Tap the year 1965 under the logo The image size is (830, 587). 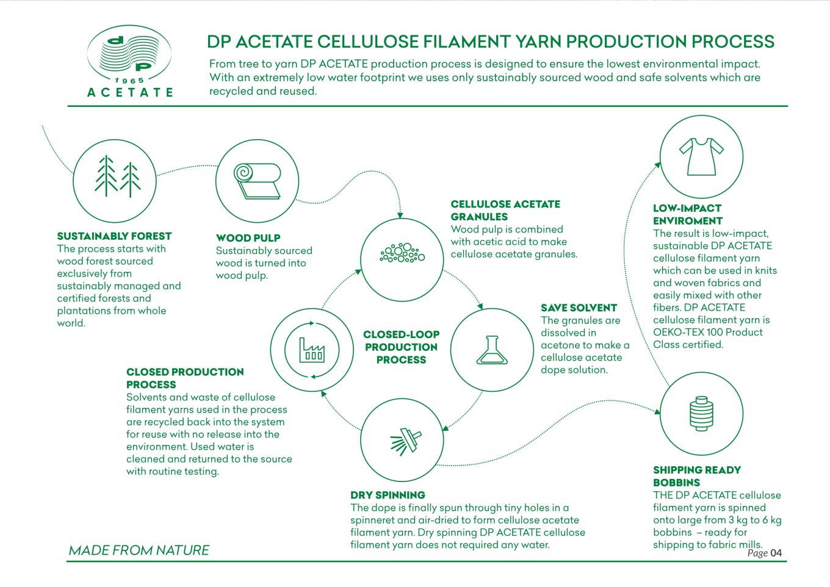click(x=129, y=81)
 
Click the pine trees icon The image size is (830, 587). click(x=117, y=176)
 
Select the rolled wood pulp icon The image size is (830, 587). click(x=257, y=181)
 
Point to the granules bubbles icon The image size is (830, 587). click(x=402, y=253)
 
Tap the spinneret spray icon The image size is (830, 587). click(x=406, y=442)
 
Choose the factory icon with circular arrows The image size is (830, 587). click(x=312, y=350)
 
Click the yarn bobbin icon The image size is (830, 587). click(x=701, y=413)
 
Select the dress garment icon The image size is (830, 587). click(x=701, y=156)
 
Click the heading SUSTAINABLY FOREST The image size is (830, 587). click(x=114, y=236)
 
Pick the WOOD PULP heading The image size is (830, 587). click(x=248, y=238)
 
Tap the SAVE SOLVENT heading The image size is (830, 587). click(x=579, y=308)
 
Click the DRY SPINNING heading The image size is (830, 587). click(x=388, y=495)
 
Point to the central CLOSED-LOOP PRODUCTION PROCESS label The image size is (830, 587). click(x=402, y=347)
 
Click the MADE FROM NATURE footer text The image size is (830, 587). click(x=139, y=550)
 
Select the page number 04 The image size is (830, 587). click(x=776, y=553)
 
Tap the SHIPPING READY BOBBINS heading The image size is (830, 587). click(x=696, y=476)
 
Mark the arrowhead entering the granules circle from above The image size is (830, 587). click(x=400, y=215)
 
